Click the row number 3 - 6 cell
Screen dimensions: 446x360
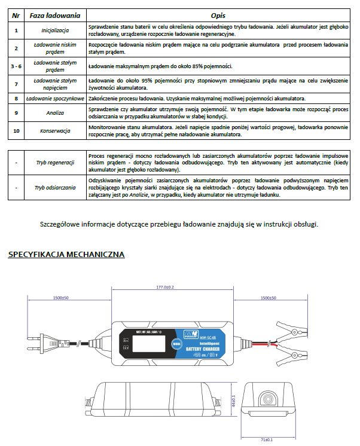(16, 66)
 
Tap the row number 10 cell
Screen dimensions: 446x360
(16, 131)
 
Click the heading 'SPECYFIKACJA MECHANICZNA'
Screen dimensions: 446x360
(66, 255)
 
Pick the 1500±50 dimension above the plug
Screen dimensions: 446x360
(60, 297)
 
